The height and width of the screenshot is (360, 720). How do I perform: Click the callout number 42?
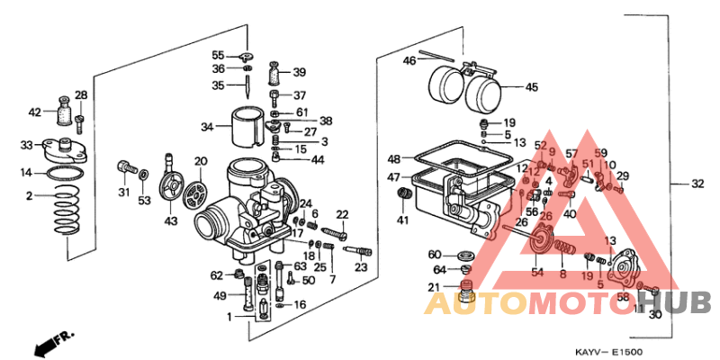point(34,112)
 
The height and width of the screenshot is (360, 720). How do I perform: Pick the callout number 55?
point(218,55)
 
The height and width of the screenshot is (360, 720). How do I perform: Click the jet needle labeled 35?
point(245,86)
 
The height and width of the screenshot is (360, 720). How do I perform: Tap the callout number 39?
point(299,72)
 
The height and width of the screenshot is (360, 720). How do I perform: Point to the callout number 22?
point(342,213)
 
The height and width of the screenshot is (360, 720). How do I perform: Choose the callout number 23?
point(361,267)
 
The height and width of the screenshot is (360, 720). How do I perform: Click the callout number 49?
point(220,296)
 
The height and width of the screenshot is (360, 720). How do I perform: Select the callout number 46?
point(409,61)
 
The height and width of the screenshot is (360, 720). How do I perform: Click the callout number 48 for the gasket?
point(394,158)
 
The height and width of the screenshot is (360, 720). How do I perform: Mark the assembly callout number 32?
point(697,184)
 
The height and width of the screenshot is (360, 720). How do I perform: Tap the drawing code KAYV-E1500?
point(610,352)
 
